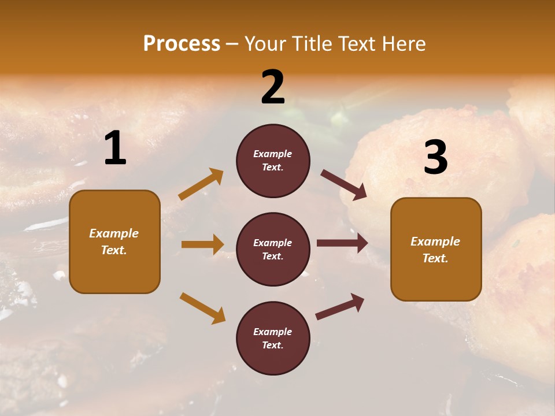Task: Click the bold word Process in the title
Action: [x=182, y=43]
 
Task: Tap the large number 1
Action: [x=115, y=148]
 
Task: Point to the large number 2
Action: [x=273, y=87]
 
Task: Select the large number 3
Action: [x=435, y=158]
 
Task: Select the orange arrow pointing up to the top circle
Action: [x=201, y=184]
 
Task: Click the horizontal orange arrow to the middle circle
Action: [x=202, y=244]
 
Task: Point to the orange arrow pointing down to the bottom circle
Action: [x=202, y=308]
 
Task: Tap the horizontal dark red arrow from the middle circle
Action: [x=342, y=243]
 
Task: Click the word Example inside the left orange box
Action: [x=114, y=233]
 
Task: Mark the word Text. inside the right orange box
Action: [x=435, y=258]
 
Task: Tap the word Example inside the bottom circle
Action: [x=273, y=332]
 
